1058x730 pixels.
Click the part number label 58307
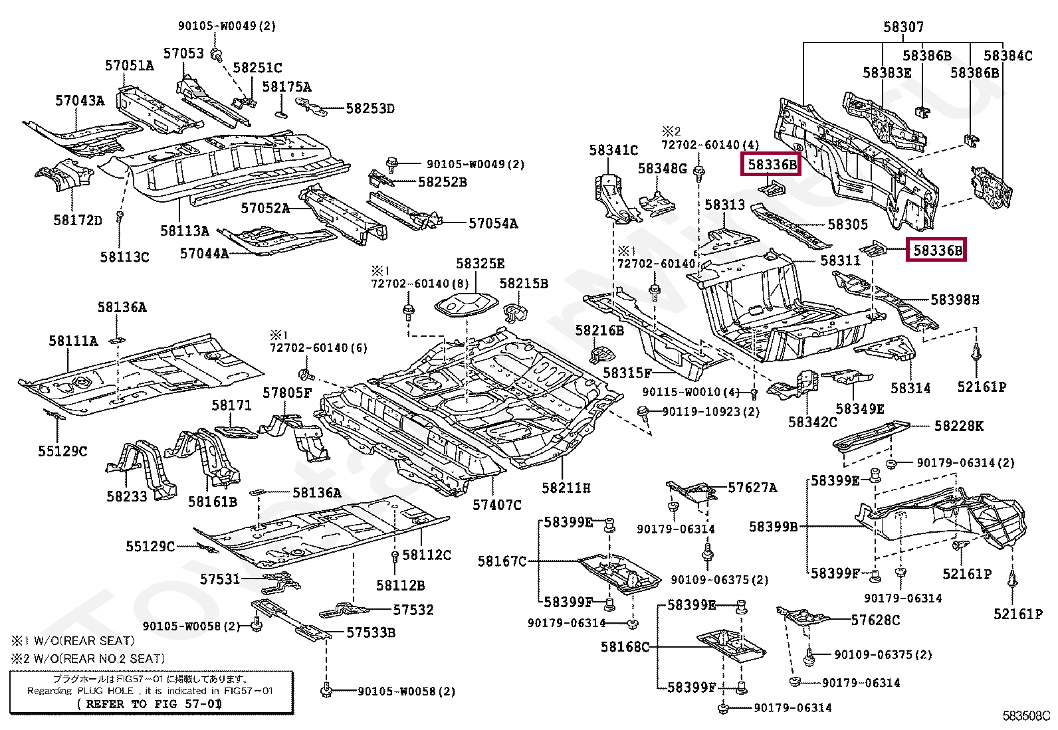(x=904, y=27)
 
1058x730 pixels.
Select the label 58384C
(x=1008, y=56)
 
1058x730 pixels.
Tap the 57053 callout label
(x=183, y=53)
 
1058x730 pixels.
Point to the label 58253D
(x=370, y=108)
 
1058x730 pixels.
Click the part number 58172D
(x=78, y=220)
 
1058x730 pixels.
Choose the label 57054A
(x=493, y=223)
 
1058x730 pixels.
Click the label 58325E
(x=480, y=264)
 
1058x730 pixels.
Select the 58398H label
(x=955, y=300)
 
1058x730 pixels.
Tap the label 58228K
(x=959, y=426)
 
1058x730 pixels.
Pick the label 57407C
(x=497, y=505)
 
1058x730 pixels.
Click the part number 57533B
(x=371, y=632)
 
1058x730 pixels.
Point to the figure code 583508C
(x=1026, y=716)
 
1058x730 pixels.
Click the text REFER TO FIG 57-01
(x=150, y=704)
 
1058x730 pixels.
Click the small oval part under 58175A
(x=281, y=114)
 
